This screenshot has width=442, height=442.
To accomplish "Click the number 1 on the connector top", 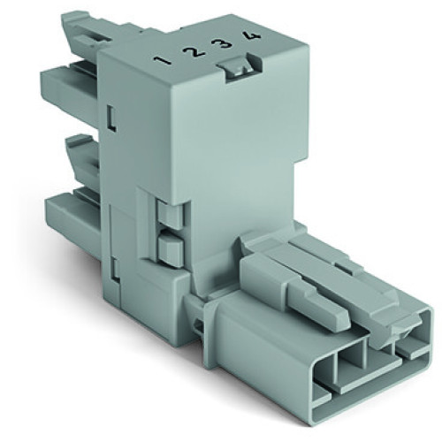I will (x=165, y=62).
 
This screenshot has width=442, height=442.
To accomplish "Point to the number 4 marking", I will (x=255, y=36).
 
